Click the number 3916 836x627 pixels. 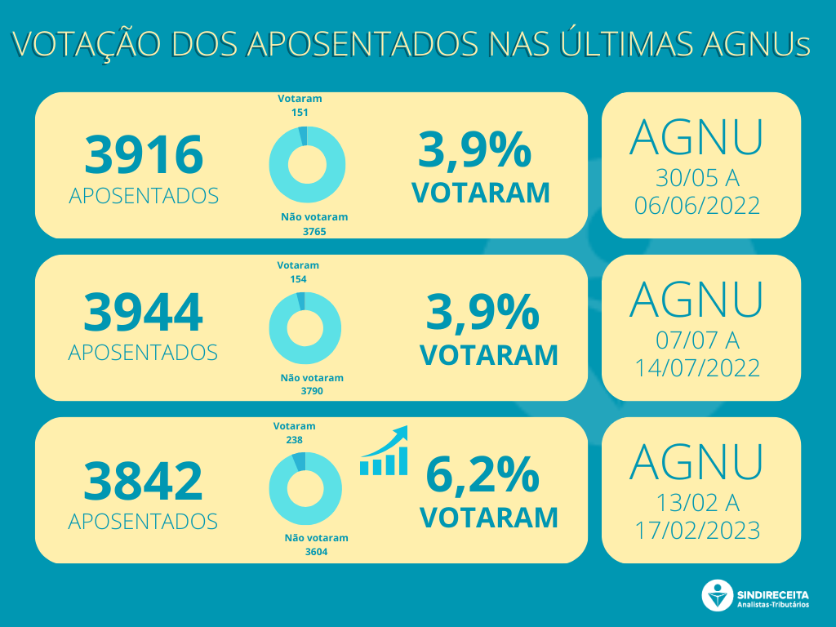pyautogui.click(x=143, y=155)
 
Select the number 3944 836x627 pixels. pyautogui.click(x=143, y=313)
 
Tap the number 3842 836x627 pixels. pyautogui.click(x=143, y=481)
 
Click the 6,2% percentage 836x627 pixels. pyautogui.click(x=482, y=474)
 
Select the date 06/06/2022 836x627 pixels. pyautogui.click(x=697, y=205)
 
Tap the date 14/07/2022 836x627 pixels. pyautogui.click(x=697, y=367)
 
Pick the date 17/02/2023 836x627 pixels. pyautogui.click(x=697, y=531)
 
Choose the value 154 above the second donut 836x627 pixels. pyautogui.click(x=297, y=278)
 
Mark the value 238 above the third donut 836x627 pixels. pyautogui.click(x=294, y=439)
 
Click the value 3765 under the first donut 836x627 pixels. pyautogui.click(x=314, y=231)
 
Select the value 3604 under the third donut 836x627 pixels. pyautogui.click(x=316, y=552)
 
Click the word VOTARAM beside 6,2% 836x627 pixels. pyautogui.click(x=489, y=517)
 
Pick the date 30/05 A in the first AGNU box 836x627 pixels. pyautogui.click(x=697, y=178)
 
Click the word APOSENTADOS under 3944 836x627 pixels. pyautogui.click(x=143, y=352)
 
